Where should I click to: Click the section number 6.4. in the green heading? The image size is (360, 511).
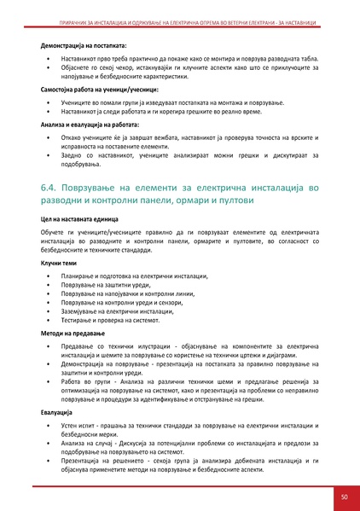coord(52,185)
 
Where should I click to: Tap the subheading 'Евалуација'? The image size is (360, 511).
coord(57,411)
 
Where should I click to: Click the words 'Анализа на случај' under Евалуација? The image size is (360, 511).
coord(90,442)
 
